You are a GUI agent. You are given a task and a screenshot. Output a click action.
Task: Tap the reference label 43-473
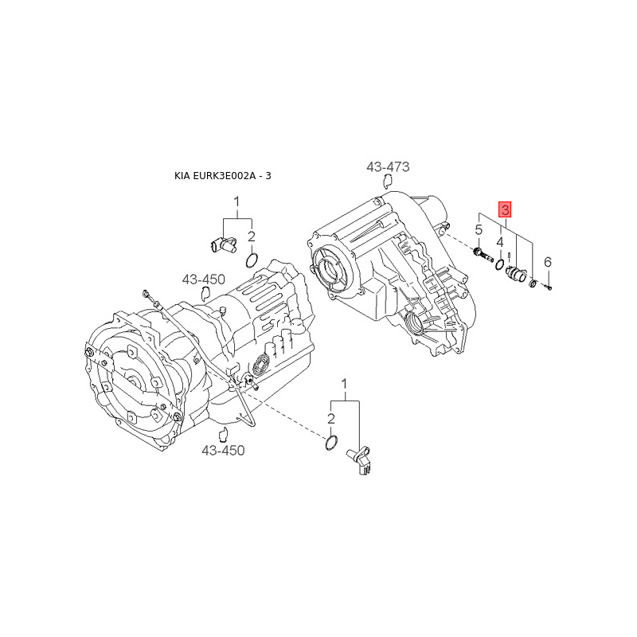click(388, 167)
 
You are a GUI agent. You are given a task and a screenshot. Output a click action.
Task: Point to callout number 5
click(479, 230)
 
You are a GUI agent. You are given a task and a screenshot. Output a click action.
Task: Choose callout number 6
click(547, 262)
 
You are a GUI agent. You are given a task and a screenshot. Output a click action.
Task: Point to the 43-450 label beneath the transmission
click(223, 451)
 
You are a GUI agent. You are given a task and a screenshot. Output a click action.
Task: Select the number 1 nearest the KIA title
click(236, 203)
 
